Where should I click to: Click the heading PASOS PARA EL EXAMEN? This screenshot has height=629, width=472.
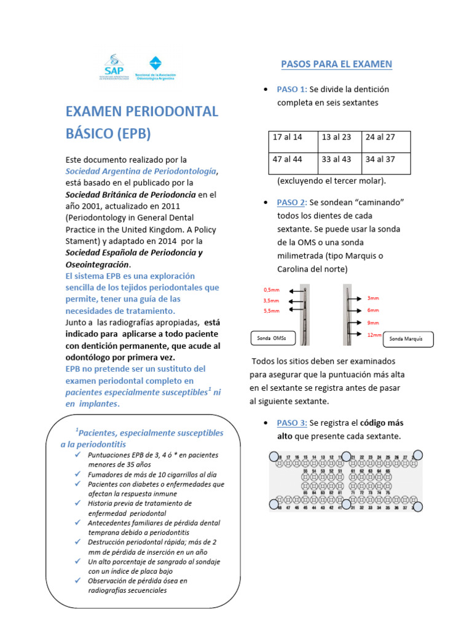(336, 64)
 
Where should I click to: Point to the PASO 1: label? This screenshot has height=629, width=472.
(292, 90)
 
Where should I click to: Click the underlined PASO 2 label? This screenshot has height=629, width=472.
(291, 202)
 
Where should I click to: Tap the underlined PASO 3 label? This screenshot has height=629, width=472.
(291, 423)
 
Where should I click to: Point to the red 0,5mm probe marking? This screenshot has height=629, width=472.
(271, 289)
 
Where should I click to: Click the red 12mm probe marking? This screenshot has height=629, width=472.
(374, 335)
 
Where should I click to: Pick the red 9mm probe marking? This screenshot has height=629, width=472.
(373, 322)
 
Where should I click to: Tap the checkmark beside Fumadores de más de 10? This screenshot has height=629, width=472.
(77, 475)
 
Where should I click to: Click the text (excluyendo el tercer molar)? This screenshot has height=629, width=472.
(331, 181)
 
